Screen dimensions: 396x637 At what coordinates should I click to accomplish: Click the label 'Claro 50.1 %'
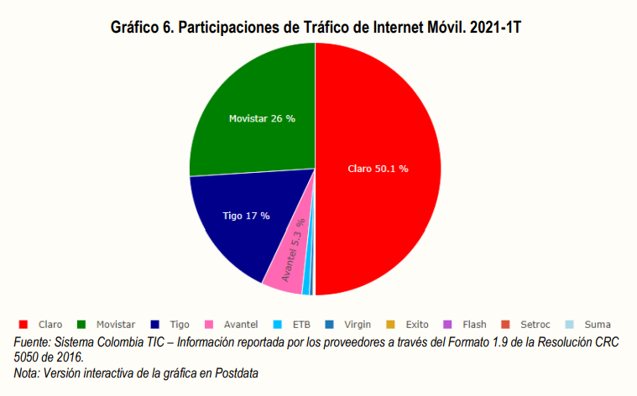pos(378,169)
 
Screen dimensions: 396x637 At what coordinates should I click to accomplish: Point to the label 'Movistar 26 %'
pos(262,118)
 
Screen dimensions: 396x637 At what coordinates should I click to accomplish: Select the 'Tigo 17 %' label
pos(246,216)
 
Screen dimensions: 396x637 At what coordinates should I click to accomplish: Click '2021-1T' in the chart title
pos(494,28)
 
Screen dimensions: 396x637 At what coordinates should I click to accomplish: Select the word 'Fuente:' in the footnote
pos(32,342)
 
